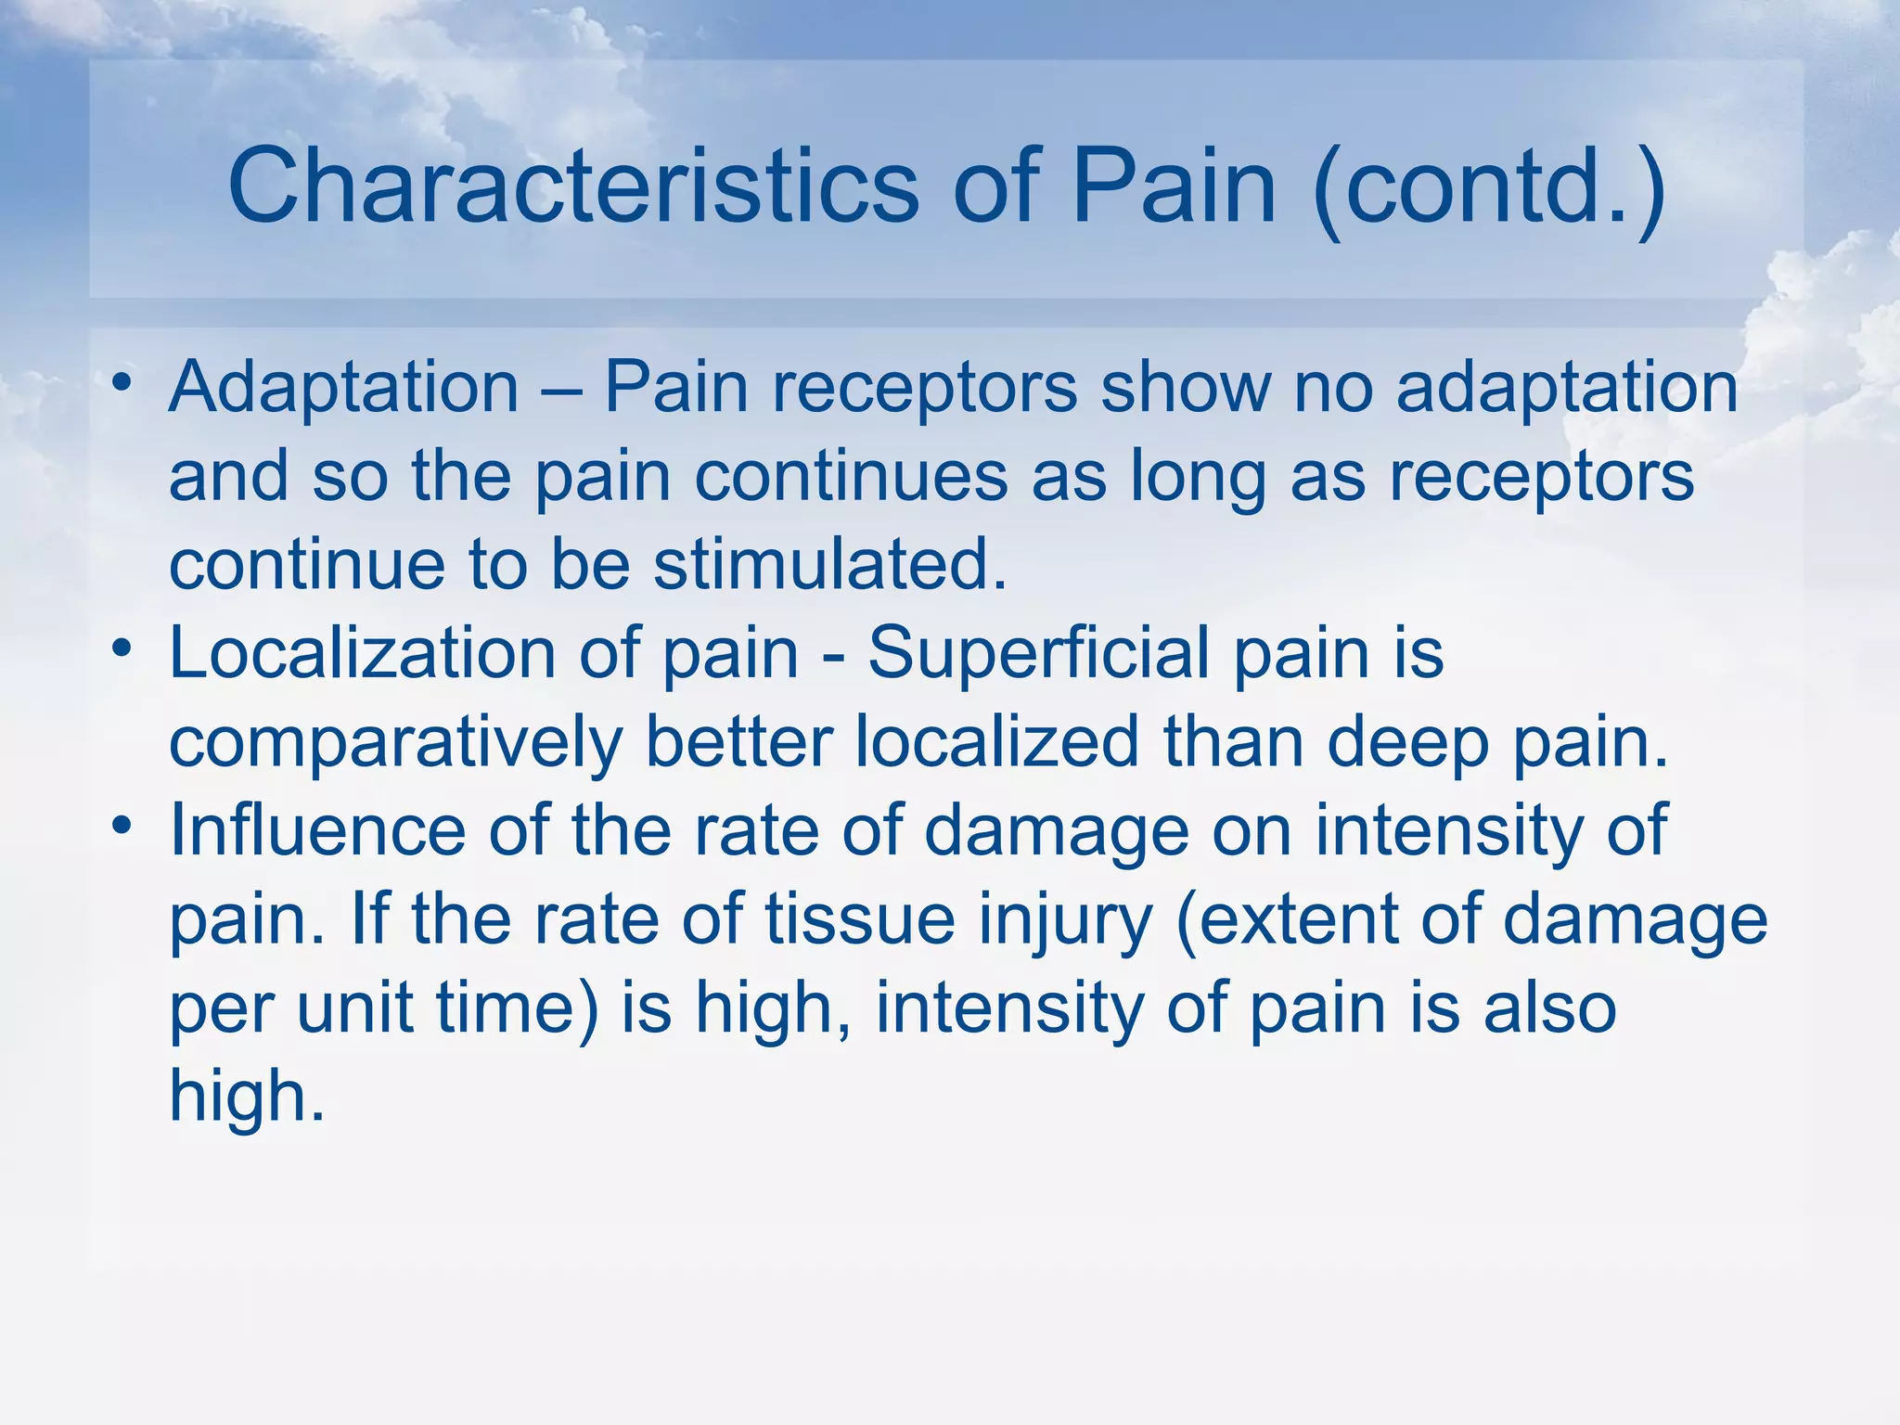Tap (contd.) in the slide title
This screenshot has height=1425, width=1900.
tap(1490, 186)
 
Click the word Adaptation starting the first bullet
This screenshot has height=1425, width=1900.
tap(343, 388)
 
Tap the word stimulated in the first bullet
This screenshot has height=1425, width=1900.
tap(830, 565)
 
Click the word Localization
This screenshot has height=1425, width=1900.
tap(362, 654)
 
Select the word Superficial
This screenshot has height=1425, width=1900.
tap(1039, 654)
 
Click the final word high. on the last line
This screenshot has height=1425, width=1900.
tap(247, 1096)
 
